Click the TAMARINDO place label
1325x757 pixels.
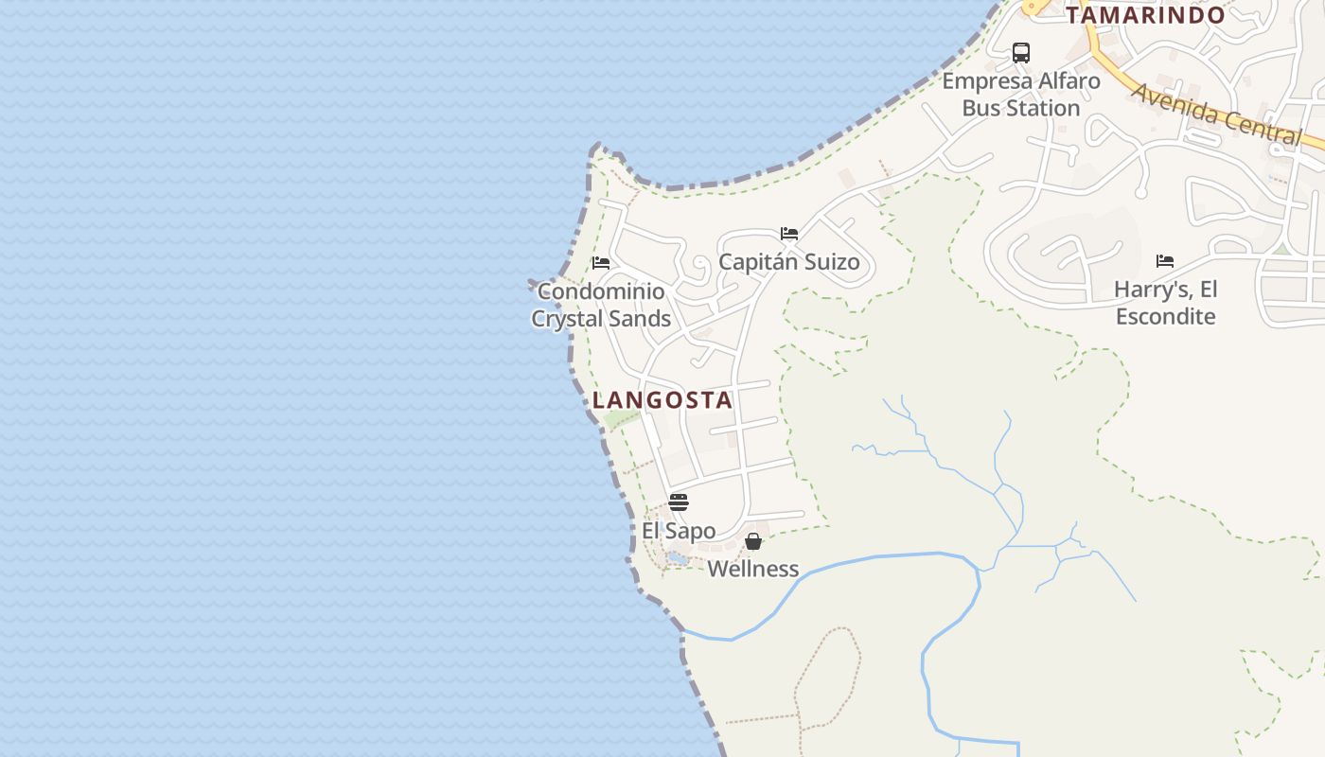click(1145, 15)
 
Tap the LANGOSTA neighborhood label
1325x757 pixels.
click(662, 400)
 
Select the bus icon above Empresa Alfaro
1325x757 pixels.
click(1021, 53)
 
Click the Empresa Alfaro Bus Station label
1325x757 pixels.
click(1021, 95)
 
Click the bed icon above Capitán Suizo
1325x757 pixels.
click(789, 234)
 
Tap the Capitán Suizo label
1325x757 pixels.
click(789, 262)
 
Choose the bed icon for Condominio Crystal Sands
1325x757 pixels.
click(601, 263)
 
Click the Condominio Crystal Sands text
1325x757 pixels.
click(601, 305)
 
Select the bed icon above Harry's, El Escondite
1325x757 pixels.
click(1165, 261)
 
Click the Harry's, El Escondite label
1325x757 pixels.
click(1165, 303)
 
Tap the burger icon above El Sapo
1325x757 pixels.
click(679, 502)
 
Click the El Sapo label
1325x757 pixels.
click(679, 531)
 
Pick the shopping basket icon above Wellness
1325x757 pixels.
click(753, 541)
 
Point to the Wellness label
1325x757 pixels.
click(753, 570)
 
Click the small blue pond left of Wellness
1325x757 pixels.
click(677, 559)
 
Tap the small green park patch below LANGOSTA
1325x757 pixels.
click(621, 418)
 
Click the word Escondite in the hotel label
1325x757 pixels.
click(1165, 317)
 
